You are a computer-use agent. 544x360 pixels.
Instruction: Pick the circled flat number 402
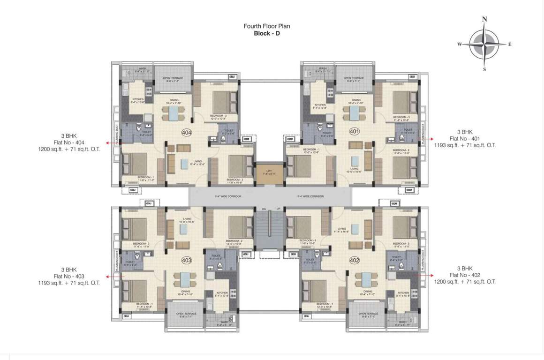354,260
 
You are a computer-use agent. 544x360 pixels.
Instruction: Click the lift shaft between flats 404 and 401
270,172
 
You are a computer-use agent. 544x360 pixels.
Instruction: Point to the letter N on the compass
484,20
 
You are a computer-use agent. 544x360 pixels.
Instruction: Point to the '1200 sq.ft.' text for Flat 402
449,282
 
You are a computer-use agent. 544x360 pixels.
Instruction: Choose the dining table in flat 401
352,114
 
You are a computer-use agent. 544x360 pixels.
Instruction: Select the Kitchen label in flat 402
403,294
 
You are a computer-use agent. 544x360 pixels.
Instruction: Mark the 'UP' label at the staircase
278,209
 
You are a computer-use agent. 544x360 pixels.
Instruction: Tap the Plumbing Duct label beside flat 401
423,133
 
